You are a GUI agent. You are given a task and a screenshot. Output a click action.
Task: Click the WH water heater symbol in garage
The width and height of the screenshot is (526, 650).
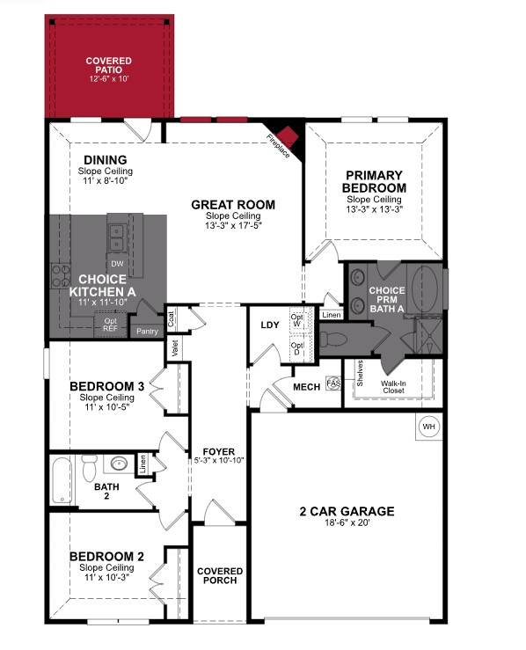[429, 427]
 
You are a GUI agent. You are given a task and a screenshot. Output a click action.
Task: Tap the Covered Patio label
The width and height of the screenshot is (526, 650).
[109, 66]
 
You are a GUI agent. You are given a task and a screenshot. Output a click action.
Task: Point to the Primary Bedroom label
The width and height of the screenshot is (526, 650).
[375, 181]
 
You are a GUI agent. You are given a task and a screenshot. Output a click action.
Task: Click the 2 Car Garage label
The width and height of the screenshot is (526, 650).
[347, 511]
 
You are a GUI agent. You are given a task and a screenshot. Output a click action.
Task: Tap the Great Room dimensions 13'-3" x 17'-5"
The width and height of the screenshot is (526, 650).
[233, 225]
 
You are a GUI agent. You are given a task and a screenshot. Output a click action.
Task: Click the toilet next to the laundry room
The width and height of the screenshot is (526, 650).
[333, 336]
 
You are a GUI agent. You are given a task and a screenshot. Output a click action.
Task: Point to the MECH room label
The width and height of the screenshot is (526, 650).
[307, 386]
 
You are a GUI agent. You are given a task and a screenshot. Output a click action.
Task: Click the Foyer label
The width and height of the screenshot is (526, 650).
[216, 450]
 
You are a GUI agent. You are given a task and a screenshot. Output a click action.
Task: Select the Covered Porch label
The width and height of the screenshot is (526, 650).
[220, 576]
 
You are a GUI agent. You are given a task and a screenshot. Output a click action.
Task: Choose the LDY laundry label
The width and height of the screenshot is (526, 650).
[269, 325]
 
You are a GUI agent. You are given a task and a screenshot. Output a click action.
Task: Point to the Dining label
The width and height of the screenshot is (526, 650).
[106, 159]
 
